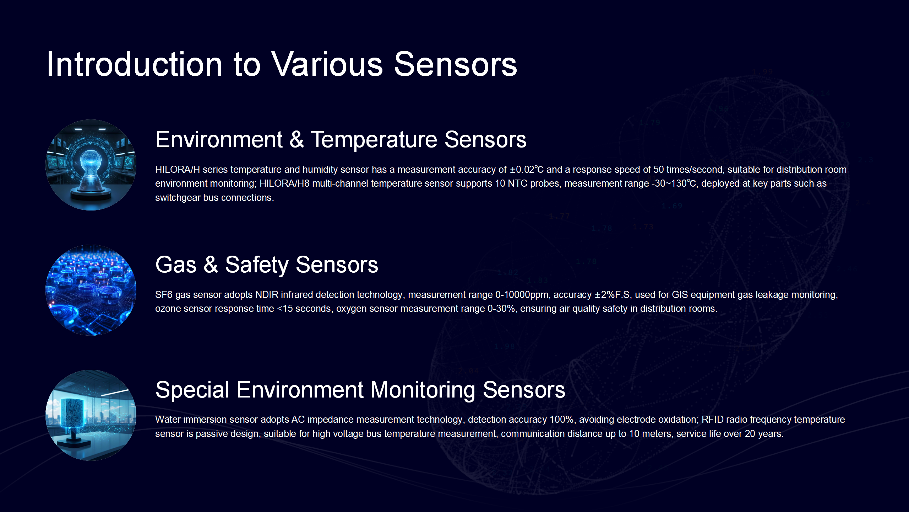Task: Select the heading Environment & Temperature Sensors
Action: point(341,139)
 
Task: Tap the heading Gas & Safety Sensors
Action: point(267,265)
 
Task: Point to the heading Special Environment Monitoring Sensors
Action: point(360,390)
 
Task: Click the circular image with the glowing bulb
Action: point(91,165)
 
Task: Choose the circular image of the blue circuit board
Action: point(91,290)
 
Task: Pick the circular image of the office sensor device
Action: point(91,415)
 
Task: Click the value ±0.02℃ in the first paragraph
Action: point(527,170)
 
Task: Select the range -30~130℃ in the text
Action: point(674,183)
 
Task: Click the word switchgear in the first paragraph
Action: point(178,198)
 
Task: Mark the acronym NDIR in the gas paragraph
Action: point(267,295)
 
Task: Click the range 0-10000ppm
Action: point(522,295)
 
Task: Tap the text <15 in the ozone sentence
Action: point(285,309)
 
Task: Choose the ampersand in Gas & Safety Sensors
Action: point(211,265)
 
